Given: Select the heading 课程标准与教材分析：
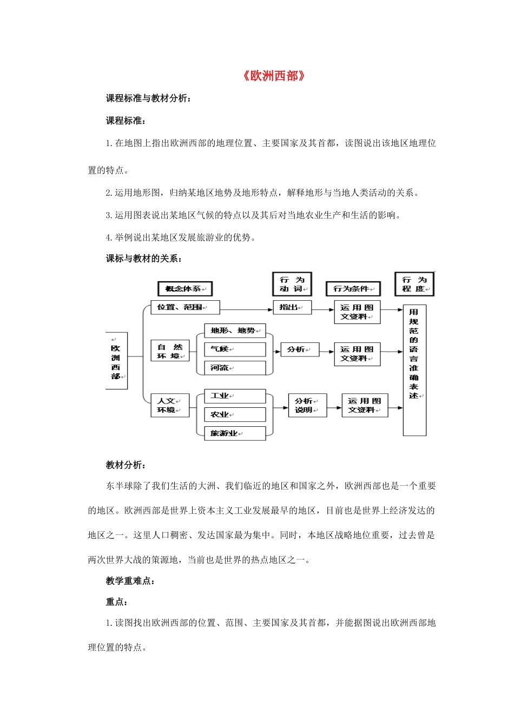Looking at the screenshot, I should click(148, 98).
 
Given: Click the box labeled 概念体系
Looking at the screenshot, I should click(185, 289).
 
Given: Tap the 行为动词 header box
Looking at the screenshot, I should click(292, 285).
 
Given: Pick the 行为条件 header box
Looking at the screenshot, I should click(353, 289).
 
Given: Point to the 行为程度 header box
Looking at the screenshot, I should click(414, 285).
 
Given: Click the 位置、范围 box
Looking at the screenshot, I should click(185, 307).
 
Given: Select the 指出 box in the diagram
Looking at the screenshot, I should click(292, 307).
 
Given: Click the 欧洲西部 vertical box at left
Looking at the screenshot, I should click(116, 361).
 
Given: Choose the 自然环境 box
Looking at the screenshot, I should click(170, 351).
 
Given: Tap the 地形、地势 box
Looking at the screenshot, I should click(235, 331).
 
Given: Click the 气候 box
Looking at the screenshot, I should click(235, 349).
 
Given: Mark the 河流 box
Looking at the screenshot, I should click(235, 368).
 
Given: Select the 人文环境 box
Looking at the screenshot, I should click(170, 405).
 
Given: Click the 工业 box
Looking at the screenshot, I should click(235, 396).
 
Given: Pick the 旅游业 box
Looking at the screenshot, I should click(235, 433).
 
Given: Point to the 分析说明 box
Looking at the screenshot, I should click(307, 405).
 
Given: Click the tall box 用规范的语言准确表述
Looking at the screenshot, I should click(414, 370).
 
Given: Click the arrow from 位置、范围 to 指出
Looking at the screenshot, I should click(246, 309).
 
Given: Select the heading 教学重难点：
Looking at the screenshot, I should click(130, 581).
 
